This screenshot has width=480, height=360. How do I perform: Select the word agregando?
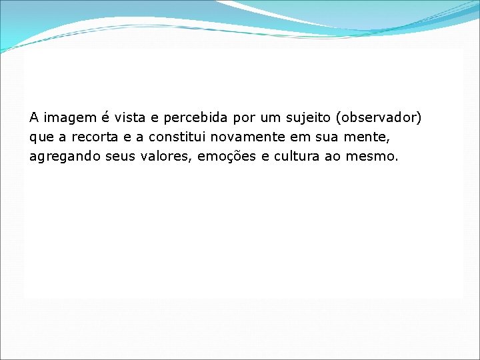[x=64, y=158]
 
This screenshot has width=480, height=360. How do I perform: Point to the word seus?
[x=119, y=157]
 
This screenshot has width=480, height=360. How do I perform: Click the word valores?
[x=165, y=157]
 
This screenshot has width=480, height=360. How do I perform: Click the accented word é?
[x=105, y=118]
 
